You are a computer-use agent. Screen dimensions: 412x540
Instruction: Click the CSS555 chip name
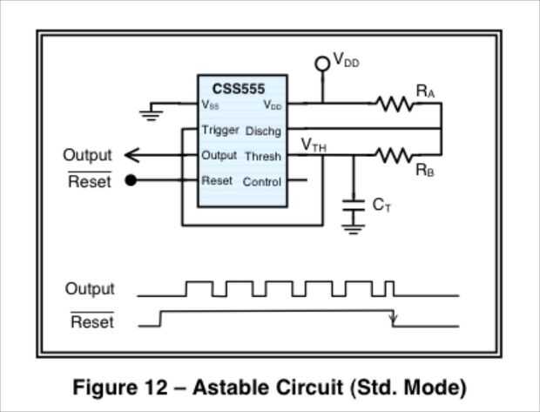[239, 88]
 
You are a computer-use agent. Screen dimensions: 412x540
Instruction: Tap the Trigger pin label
[219, 130]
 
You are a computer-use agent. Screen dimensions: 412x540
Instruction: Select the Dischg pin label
[263, 131]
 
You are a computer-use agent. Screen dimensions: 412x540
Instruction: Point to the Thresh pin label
[262, 157]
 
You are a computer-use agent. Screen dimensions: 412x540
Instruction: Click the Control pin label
[261, 182]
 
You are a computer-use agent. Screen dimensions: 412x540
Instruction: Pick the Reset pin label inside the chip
[217, 181]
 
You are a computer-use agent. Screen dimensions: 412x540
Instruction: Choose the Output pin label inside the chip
[219, 155]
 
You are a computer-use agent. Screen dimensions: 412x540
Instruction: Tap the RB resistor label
[425, 171]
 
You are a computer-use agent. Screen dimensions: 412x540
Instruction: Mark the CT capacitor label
[381, 205]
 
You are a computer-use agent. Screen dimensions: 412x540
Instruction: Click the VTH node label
[314, 144]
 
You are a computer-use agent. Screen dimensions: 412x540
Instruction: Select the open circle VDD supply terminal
[322, 62]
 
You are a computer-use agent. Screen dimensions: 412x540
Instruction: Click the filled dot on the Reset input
[131, 181]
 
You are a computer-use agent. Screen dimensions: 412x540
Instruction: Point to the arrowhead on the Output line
[131, 155]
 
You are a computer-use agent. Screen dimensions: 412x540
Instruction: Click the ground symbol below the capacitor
[353, 228]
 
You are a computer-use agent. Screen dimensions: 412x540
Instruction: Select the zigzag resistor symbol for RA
[395, 104]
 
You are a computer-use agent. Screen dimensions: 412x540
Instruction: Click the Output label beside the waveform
[90, 289]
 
